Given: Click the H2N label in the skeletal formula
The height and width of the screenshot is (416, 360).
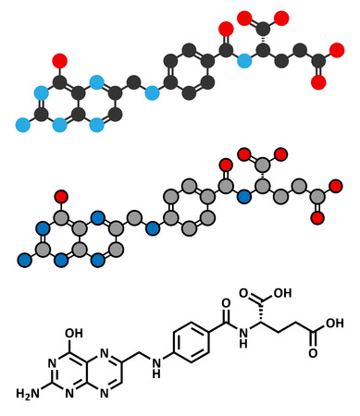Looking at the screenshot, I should [x=27, y=394].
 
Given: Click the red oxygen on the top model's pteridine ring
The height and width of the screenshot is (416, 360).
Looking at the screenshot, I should [x=60, y=62].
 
